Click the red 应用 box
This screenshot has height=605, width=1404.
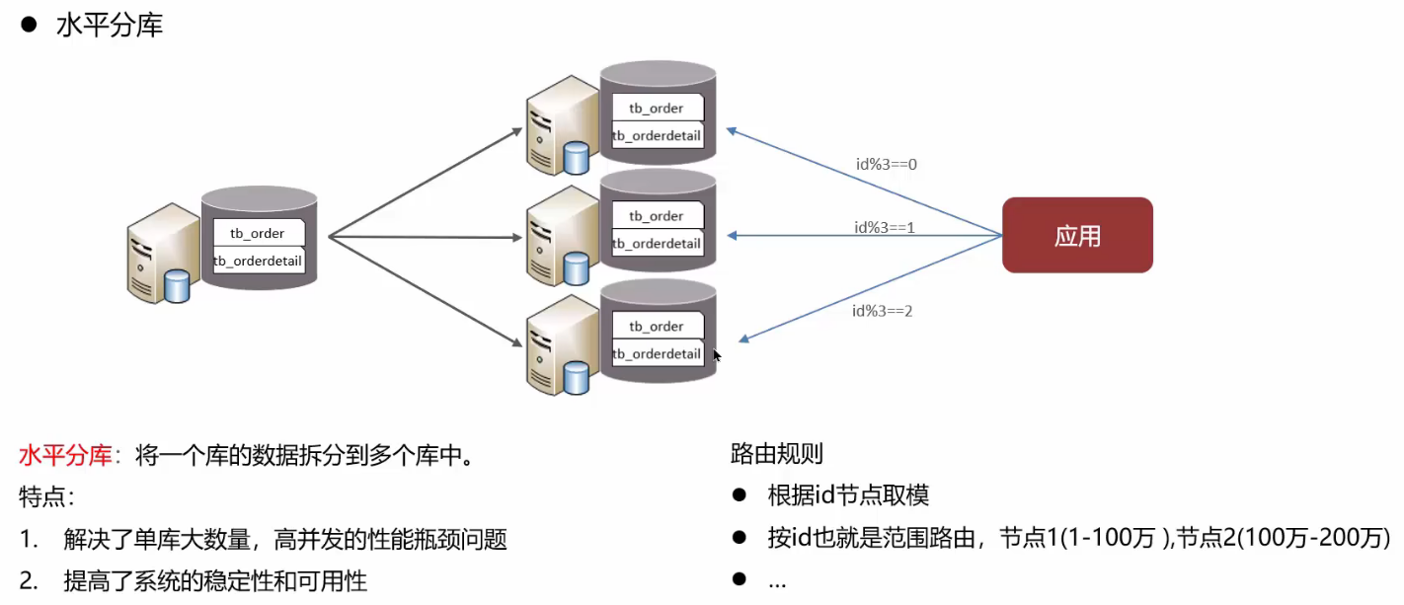[1077, 236]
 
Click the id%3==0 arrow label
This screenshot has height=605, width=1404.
[886, 164]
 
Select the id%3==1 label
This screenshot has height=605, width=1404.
[885, 227]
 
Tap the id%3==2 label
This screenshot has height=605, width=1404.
[882, 311]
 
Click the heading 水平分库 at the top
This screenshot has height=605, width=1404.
[109, 26]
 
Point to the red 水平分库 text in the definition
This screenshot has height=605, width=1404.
[65, 456]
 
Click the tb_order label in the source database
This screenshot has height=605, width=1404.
[258, 233]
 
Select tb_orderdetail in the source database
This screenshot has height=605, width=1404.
[259, 261]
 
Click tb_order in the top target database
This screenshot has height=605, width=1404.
[657, 108]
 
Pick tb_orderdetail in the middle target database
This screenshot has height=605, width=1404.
[657, 243]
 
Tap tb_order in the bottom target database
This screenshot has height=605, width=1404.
[657, 326]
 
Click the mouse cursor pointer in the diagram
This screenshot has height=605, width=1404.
[717, 355]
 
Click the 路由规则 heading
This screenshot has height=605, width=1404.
[776, 454]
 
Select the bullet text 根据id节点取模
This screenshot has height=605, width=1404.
[847, 495]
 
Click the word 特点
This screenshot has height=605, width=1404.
[45, 496]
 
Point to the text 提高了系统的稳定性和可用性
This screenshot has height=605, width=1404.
[215, 581]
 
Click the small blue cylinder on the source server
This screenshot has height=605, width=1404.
[177, 285]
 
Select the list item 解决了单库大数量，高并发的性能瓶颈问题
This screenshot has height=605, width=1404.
[284, 539]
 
